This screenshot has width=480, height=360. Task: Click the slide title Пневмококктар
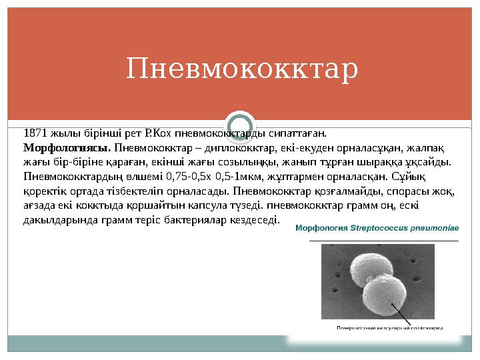tap(242, 69)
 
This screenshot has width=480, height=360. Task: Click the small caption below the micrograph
tap(390, 327)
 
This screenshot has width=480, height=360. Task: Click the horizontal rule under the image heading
tap(377, 239)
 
